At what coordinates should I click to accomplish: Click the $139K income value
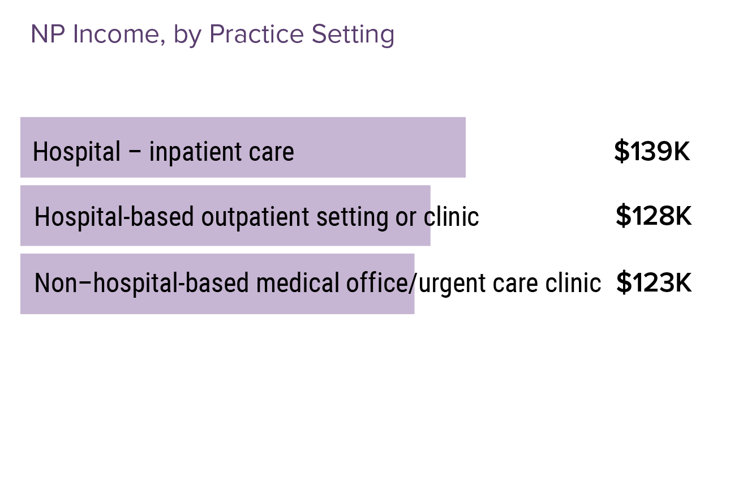[652, 152]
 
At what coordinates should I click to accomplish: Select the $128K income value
[654, 216]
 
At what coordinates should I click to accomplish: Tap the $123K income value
[654, 282]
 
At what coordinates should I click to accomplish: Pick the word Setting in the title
[353, 35]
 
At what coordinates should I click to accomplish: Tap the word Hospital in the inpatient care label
[76, 152]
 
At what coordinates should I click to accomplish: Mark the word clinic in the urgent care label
[573, 283]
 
